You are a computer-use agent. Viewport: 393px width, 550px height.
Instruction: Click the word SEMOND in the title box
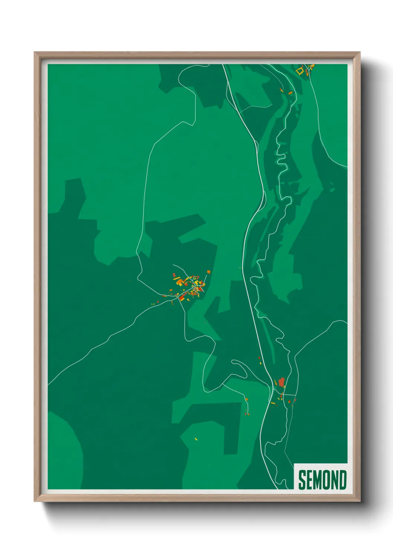322,480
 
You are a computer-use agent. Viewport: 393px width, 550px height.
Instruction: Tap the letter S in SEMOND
302,480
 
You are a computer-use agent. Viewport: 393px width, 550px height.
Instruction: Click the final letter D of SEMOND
342,480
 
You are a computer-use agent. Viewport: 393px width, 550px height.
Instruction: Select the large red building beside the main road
282,382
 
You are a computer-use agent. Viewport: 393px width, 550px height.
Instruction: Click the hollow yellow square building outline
300,70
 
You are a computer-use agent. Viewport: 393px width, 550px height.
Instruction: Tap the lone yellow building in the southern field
196,439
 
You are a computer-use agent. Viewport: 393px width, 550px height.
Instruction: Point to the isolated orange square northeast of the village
209,272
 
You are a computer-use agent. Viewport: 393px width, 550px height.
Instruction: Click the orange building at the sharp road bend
247,399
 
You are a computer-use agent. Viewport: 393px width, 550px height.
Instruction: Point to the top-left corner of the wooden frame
35,53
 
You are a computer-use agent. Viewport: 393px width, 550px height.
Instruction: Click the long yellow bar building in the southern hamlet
273,403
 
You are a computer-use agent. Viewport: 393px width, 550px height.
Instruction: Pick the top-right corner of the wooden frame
360,53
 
